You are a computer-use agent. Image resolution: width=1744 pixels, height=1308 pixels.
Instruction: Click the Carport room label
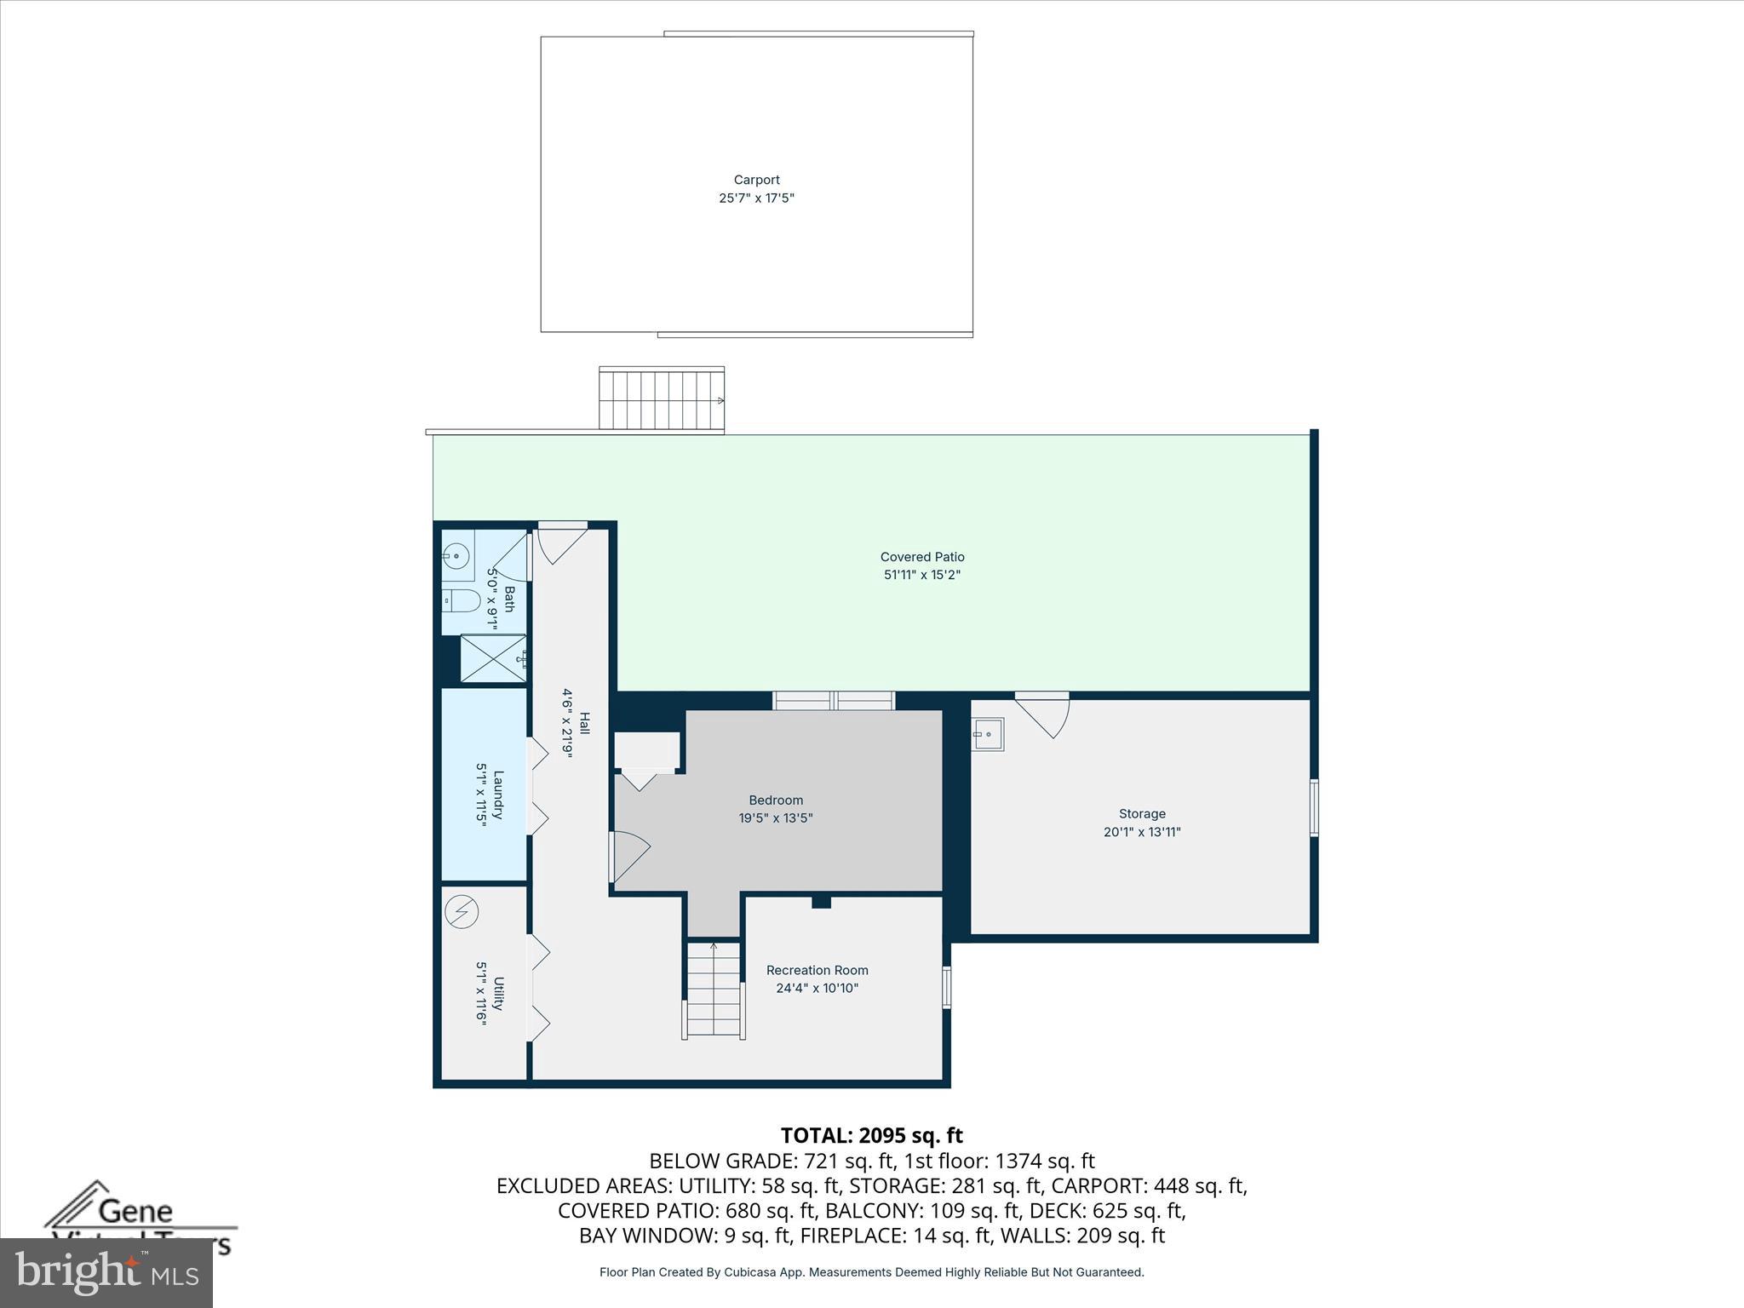pos(756,180)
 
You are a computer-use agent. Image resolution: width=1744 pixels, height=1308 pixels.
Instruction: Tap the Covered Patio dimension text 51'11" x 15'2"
pos(921,575)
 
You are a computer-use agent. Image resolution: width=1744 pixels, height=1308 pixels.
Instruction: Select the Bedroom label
pos(775,800)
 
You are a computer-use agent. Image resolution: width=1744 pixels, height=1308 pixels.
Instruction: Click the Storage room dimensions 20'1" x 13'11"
pos(1141,832)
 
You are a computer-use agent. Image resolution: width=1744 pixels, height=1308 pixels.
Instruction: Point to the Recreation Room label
pos(817,970)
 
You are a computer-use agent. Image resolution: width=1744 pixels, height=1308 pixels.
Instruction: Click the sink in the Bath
pos(457,557)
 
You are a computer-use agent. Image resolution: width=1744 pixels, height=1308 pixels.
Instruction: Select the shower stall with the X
pos(492,658)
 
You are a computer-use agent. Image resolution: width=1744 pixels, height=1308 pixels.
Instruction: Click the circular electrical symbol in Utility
pos(462,912)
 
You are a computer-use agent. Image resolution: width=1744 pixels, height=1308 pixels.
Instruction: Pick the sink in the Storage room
pos(989,733)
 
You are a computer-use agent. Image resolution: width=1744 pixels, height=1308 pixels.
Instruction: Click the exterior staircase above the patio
pos(661,399)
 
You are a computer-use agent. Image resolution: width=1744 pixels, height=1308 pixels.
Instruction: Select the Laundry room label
pos(492,795)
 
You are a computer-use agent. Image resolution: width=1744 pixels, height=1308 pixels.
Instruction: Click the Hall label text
pos(584,723)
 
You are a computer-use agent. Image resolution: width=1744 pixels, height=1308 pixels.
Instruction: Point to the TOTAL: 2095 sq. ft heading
pos(871,1135)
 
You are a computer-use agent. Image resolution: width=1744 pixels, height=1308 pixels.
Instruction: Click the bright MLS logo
pos(106,1272)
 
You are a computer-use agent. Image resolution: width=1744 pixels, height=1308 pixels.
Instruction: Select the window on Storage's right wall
pos(1314,807)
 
